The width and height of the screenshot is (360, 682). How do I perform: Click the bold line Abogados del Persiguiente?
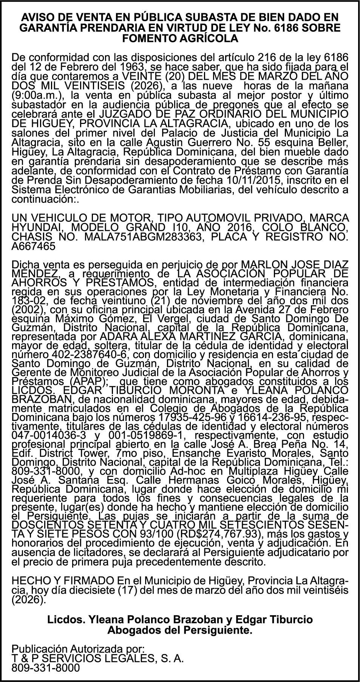[x=180, y=630]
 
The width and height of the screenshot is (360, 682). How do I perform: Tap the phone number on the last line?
[x=46, y=668]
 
